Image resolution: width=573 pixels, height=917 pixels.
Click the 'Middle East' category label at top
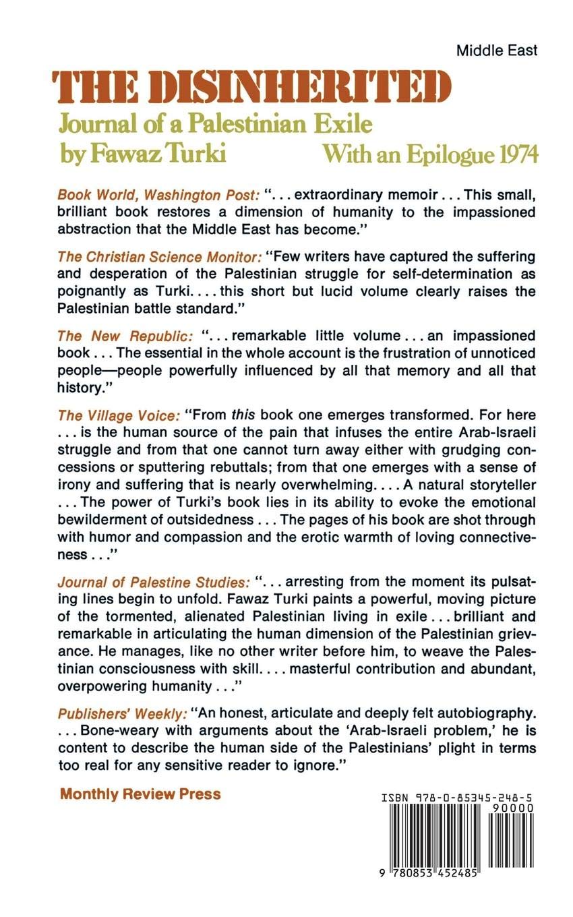pyautogui.click(x=497, y=51)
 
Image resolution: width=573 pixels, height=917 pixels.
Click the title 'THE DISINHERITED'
pyautogui.click(x=251, y=87)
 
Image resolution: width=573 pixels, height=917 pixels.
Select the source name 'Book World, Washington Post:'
pyautogui.click(x=158, y=196)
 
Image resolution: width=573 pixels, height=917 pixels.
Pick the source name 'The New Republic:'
pyautogui.click(x=125, y=336)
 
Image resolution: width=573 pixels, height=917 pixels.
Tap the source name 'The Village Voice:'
pyautogui.click(x=119, y=415)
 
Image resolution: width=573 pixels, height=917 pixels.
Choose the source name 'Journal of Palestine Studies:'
pyautogui.click(x=154, y=581)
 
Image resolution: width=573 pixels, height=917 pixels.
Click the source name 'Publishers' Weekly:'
pyautogui.click(x=122, y=713)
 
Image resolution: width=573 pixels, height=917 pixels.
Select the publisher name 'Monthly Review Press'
pyautogui.click(x=140, y=794)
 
